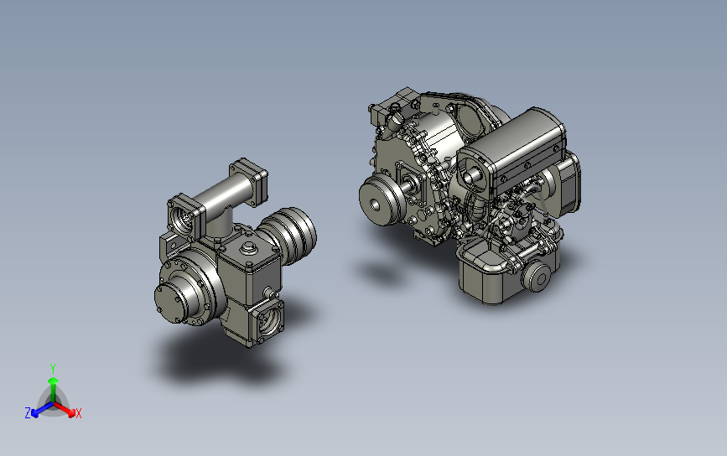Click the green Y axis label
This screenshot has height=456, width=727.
pyautogui.click(x=53, y=369)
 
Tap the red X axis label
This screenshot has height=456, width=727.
pyautogui.click(x=78, y=413)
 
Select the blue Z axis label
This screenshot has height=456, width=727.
pyautogui.click(x=28, y=413)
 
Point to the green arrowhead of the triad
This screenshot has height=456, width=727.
pyautogui.click(x=53, y=381)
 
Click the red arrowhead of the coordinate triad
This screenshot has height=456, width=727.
pyautogui.click(x=71, y=412)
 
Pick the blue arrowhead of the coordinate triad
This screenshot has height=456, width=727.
pyautogui.click(x=34, y=413)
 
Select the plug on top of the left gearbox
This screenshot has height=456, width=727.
pyautogui.click(x=249, y=248)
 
